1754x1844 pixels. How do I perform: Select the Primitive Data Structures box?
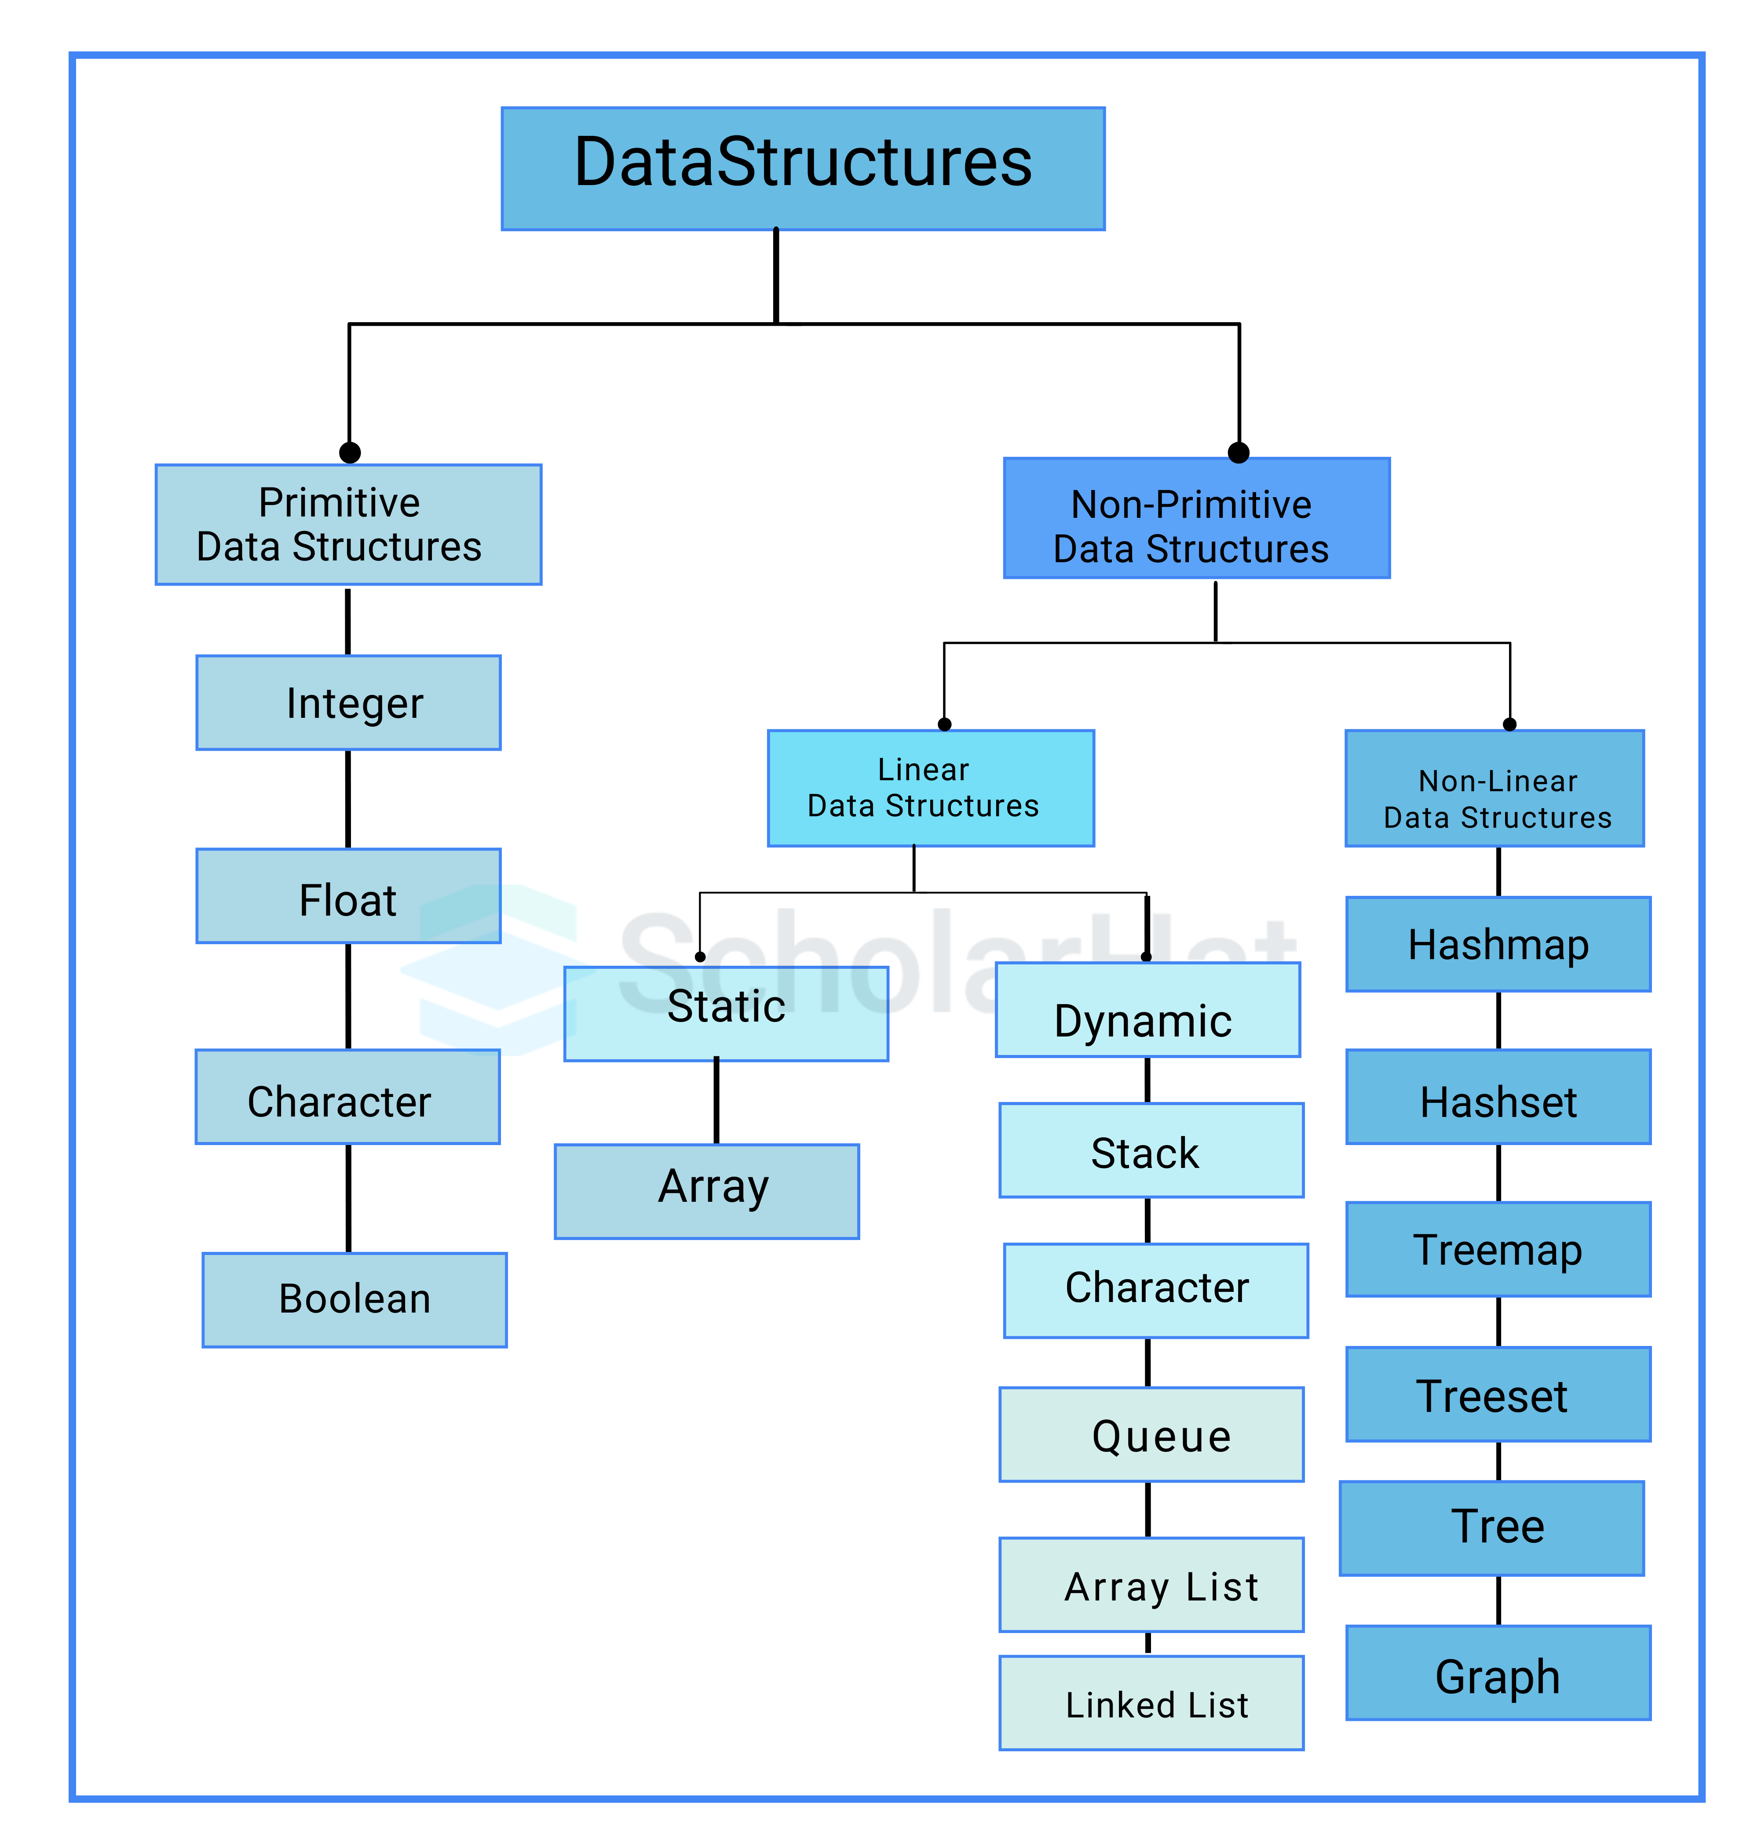point(348,524)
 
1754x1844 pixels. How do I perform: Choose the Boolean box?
point(354,1299)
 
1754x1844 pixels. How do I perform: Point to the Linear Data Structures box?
point(930,788)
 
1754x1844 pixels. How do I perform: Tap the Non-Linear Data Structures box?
point(1494,788)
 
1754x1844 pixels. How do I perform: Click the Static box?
point(726,1013)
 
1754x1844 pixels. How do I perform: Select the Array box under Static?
point(707,1191)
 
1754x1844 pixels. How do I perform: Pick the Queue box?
point(1151,1434)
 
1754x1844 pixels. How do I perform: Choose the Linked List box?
point(1151,1703)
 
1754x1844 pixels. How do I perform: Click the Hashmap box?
point(1498,944)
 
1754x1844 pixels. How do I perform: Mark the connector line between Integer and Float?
point(348,799)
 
